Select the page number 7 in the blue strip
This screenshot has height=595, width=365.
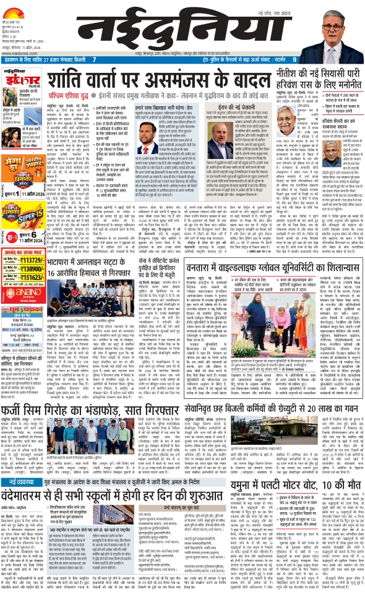click(x=94, y=60)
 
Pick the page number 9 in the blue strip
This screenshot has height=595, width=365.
click(x=295, y=60)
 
